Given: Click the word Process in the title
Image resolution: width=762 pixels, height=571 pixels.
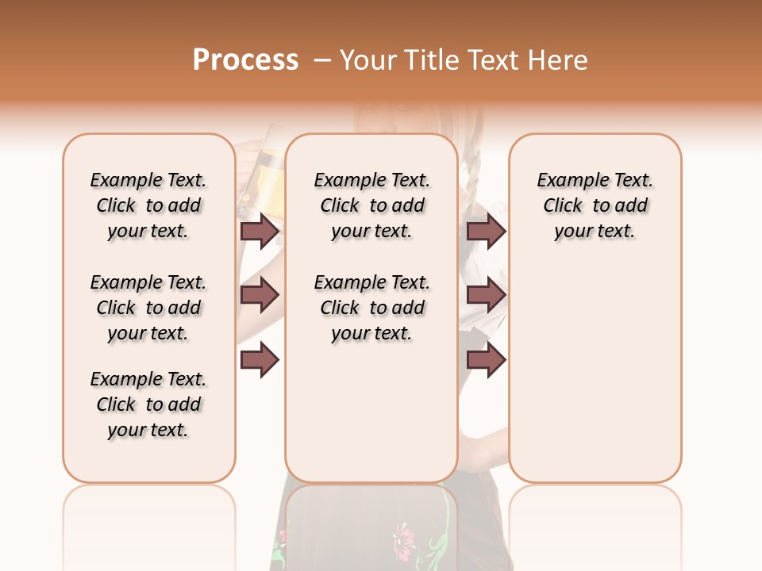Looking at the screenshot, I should (x=245, y=60).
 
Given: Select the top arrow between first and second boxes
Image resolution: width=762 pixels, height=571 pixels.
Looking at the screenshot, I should (x=260, y=232).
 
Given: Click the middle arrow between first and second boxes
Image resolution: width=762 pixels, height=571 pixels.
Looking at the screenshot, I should (x=260, y=295).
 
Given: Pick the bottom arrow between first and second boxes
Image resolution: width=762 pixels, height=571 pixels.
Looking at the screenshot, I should (x=260, y=359).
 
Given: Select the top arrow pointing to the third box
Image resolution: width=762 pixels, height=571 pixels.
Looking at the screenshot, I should (x=486, y=232).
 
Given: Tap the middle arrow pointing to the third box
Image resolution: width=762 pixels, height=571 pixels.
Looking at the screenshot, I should (x=486, y=295).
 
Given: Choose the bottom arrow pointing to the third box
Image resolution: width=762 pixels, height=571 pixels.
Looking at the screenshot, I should (x=486, y=359).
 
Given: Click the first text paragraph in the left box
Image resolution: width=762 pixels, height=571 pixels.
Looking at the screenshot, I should (x=148, y=205).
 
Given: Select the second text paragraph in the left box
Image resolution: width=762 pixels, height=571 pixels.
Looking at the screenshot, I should (x=148, y=308).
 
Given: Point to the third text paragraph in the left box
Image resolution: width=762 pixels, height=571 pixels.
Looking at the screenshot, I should (x=148, y=404).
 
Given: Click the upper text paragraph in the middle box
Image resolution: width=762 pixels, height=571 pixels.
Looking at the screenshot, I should (x=371, y=205).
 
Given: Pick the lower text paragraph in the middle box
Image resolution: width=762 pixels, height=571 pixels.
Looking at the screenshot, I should (x=371, y=308).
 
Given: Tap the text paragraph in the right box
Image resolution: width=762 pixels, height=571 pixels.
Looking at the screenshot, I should (x=595, y=205).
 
